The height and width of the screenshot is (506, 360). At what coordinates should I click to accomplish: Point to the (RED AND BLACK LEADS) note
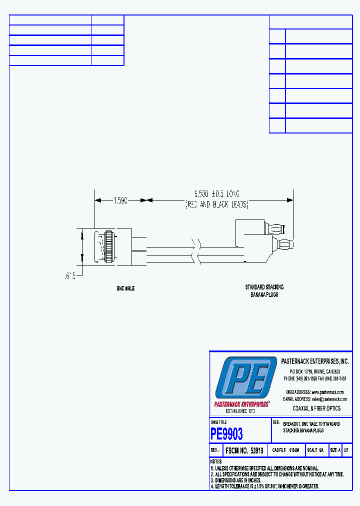coord(217,204)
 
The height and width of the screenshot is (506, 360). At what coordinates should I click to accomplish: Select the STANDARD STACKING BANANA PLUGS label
coord(264,291)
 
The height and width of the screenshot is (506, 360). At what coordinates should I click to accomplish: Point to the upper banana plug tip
coord(277,230)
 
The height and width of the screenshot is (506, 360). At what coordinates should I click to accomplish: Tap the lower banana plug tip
coord(285,245)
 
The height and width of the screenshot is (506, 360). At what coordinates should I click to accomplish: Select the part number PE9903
coord(226,433)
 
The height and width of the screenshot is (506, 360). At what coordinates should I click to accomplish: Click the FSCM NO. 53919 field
coord(244,450)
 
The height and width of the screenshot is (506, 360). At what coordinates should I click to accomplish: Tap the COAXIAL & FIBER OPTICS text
coord(316,408)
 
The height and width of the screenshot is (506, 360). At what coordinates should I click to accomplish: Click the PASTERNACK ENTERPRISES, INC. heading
coord(315,361)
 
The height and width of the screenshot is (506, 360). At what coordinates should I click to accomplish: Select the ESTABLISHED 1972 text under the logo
coord(240,411)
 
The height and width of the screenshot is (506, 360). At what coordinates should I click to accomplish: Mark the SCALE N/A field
coord(315,450)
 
